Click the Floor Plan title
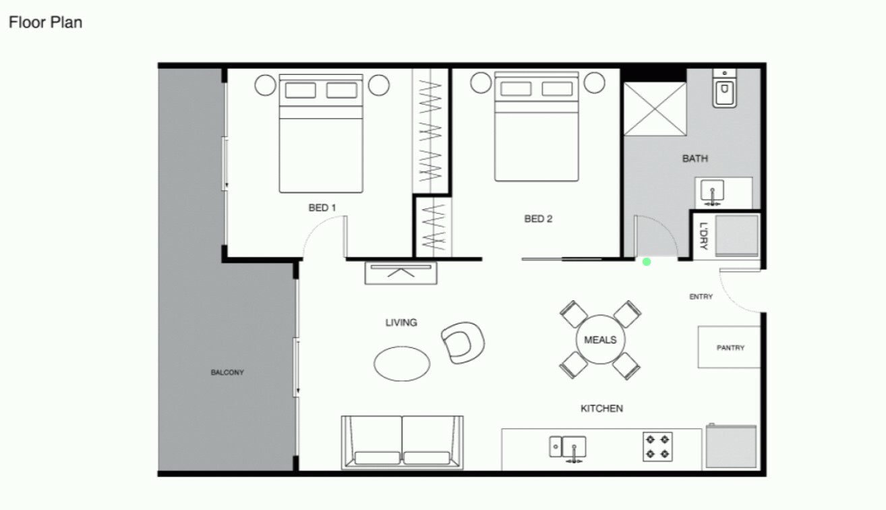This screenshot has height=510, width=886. point(45,22)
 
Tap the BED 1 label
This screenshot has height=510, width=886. point(322,208)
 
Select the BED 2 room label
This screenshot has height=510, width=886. point(538,219)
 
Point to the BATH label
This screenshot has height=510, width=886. point(695,159)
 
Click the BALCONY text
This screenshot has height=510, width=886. point(227,372)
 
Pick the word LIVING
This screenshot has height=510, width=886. point(401,322)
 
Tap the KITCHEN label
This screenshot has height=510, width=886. point(601,408)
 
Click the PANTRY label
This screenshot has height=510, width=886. point(730,348)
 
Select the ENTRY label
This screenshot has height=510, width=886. point(701,296)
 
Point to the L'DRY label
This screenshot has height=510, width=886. point(703,236)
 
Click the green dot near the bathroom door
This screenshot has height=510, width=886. point(647,262)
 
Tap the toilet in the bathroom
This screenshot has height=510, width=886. point(724,88)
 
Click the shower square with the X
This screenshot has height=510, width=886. point(655,109)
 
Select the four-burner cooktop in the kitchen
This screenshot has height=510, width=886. point(657,447)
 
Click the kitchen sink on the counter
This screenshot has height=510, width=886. point(568,448)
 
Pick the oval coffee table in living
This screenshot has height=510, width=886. point(402,364)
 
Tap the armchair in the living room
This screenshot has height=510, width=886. point(463,343)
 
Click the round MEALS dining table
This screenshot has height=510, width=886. point(600,339)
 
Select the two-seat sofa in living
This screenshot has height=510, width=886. point(403,443)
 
